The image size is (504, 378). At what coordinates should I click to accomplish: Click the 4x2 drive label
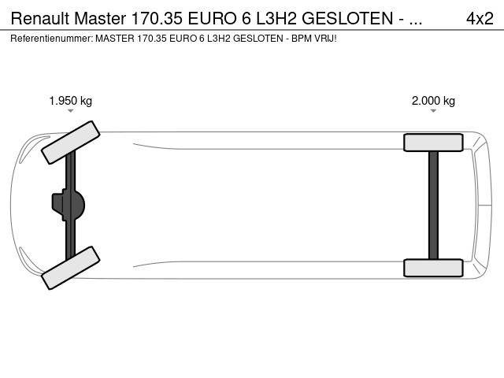[x=480, y=18]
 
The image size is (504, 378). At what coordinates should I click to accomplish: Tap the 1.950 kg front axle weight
[x=71, y=101]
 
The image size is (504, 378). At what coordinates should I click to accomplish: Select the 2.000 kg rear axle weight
[x=433, y=101]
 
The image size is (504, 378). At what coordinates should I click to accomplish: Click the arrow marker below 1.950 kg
[x=70, y=111]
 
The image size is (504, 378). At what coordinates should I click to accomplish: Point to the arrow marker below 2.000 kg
[x=433, y=111]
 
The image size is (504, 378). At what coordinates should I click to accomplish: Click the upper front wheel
[x=71, y=143]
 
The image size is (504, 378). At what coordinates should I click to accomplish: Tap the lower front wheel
[x=71, y=268]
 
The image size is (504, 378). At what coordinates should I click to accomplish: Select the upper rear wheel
[x=433, y=143]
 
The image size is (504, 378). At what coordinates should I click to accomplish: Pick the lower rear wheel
[x=433, y=268]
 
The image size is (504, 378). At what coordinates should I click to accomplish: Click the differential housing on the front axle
[x=69, y=205]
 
